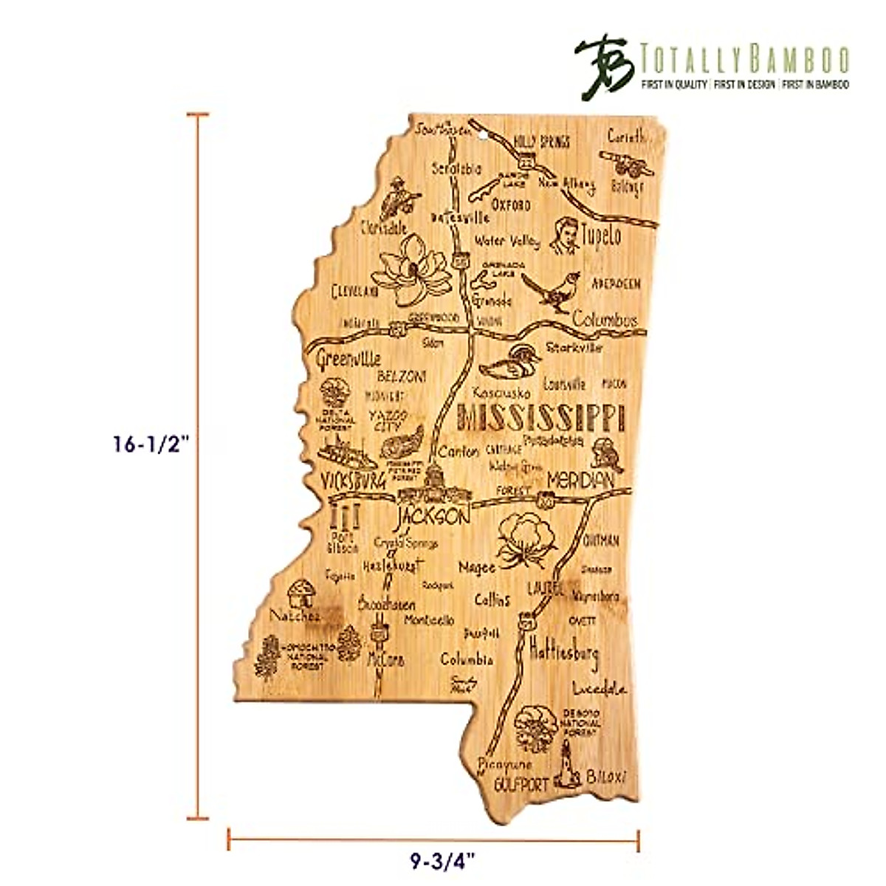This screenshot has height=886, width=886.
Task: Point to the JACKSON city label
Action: (432, 515)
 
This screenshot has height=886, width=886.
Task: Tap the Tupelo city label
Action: (601, 236)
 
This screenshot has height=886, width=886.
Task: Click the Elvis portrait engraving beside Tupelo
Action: (567, 234)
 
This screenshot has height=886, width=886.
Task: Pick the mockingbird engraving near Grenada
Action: (547, 289)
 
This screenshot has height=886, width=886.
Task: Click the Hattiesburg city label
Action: (565, 652)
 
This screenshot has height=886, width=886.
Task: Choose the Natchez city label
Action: (295, 615)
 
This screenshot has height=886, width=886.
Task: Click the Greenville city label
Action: (348, 360)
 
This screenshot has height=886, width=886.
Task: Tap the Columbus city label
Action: (605, 321)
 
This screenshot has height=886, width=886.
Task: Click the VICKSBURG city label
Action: (354, 481)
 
